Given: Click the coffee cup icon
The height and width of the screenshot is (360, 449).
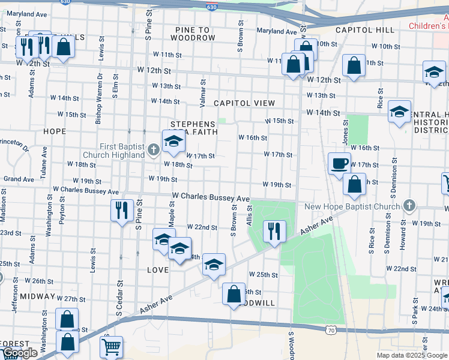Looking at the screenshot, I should (x=340, y=163).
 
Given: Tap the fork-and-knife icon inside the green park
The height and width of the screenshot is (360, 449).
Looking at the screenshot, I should (x=274, y=230).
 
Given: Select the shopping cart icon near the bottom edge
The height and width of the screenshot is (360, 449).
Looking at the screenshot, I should (x=111, y=346).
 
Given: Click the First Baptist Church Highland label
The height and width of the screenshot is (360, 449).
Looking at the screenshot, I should (x=122, y=151).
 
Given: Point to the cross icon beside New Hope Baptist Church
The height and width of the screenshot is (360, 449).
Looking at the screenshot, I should (x=409, y=206).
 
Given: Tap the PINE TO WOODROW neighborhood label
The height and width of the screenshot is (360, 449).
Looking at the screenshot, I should (x=192, y=34).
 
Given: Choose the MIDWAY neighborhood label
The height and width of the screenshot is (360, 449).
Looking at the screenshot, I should (x=37, y=296).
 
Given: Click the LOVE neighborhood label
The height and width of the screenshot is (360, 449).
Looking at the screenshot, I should (x=158, y=270).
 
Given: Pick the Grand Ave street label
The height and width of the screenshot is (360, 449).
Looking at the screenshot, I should (x=19, y=179).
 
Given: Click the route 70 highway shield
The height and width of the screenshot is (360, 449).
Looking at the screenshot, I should (x=331, y=329).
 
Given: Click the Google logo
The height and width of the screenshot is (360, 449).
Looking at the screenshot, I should (x=20, y=353).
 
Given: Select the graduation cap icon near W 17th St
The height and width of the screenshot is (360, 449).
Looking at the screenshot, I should (x=174, y=141).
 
